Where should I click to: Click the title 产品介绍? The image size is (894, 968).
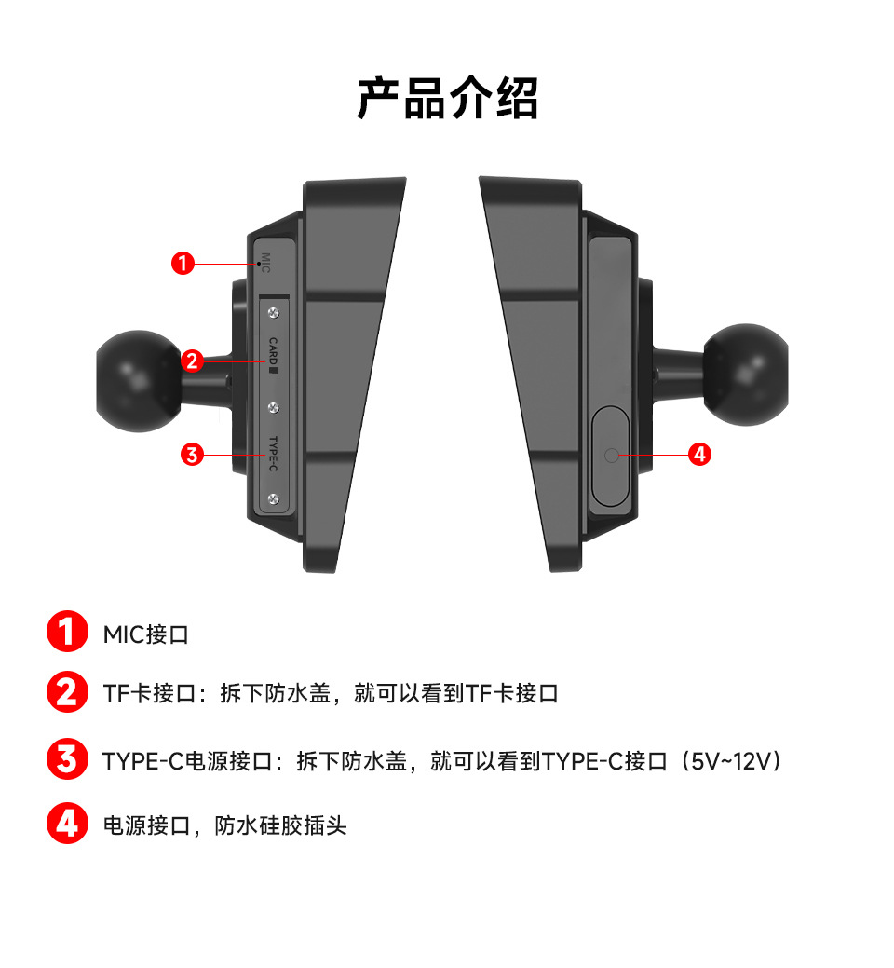pos(447,98)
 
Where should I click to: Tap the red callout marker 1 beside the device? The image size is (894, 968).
pos(183,264)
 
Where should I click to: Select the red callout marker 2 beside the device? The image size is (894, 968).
pos(192,361)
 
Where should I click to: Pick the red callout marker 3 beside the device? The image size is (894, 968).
pos(192,455)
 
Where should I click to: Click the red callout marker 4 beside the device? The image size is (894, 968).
pos(699,455)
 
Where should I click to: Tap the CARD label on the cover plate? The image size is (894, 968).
pos(273,354)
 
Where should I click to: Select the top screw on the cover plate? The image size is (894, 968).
pos(273,311)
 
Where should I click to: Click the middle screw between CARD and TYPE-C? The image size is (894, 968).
pos(273,407)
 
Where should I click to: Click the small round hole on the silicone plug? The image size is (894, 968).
pos(611,455)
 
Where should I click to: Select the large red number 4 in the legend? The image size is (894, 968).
pos(66,824)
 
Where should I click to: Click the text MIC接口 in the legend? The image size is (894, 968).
pos(146,635)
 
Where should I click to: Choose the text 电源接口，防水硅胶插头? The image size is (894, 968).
pos(224,825)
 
